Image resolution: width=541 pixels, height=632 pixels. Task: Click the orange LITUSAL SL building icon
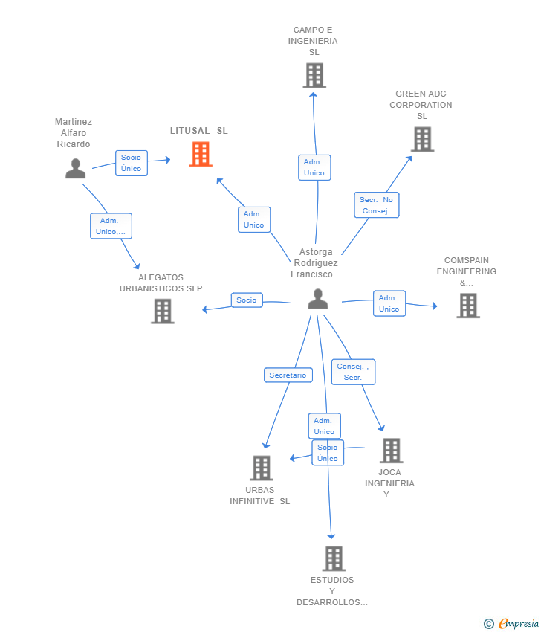[201, 154]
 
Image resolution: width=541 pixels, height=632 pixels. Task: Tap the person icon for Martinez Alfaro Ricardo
[75, 169]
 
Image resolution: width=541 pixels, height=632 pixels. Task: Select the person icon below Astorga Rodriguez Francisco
[318, 299]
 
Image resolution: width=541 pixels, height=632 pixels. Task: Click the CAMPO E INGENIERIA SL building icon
[314, 75]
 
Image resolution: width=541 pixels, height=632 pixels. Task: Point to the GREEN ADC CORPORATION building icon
[422, 139]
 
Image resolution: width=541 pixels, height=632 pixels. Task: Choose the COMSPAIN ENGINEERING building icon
[467, 306]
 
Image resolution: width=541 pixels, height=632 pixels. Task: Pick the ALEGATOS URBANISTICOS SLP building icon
[162, 311]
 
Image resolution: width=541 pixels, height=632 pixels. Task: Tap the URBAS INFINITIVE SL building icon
[262, 468]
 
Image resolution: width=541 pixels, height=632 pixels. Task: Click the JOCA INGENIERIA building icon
[391, 451]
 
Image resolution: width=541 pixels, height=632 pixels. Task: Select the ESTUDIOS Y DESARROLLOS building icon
[334, 558]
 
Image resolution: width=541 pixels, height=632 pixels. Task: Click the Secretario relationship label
[288, 375]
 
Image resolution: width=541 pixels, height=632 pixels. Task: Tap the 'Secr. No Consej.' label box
[377, 205]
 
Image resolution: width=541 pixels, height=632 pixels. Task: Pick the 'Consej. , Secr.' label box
[353, 372]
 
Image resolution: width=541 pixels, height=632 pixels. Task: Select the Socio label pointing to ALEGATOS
[247, 300]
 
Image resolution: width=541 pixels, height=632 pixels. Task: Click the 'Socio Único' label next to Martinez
[132, 164]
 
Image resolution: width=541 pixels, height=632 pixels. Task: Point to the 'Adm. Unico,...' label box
[111, 226]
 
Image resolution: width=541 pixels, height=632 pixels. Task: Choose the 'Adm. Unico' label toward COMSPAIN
[389, 303]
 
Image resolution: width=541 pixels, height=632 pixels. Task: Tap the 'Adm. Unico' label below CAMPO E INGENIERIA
[314, 168]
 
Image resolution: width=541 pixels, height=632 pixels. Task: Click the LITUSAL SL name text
[199, 131]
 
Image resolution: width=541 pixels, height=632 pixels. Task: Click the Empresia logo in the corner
[511, 624]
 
